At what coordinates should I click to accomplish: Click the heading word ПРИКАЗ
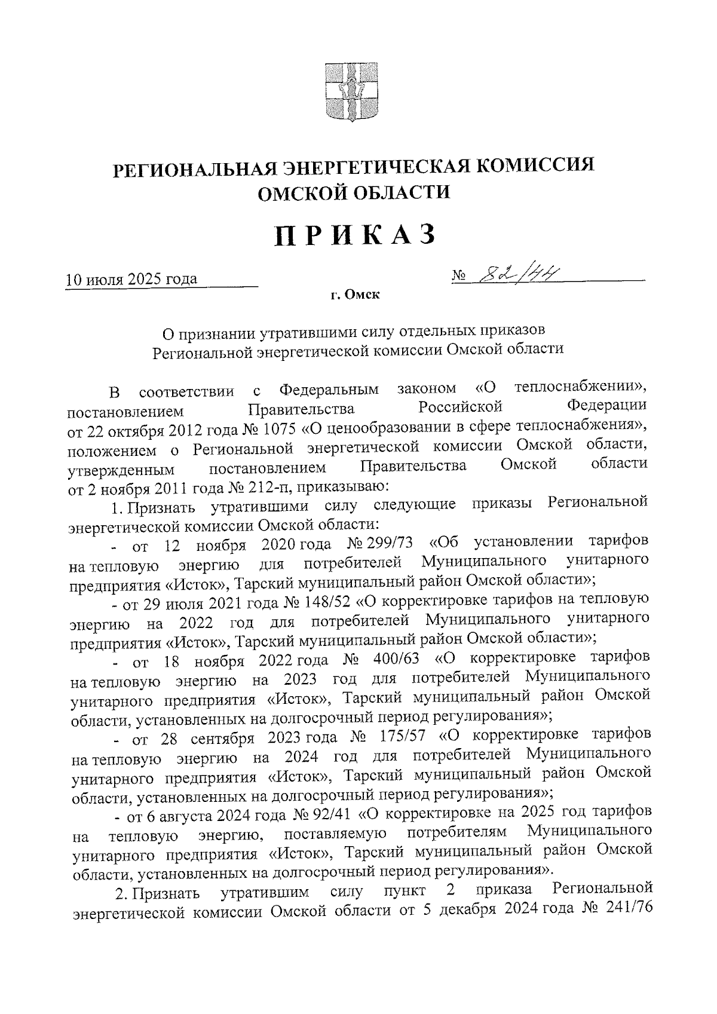355,235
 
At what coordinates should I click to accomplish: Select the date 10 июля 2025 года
131,279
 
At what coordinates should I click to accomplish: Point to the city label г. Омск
357,295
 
